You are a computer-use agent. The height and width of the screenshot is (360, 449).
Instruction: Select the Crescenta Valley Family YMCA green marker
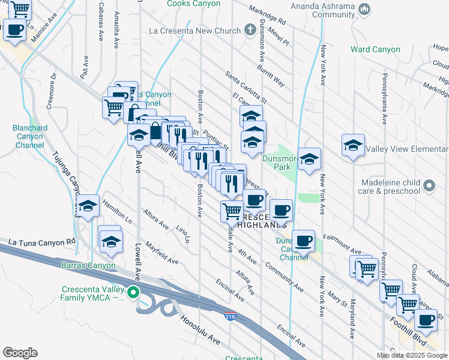134,293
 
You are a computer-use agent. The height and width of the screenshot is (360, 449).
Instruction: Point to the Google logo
20,353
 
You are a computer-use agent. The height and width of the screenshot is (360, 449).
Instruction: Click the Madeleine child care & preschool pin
429,186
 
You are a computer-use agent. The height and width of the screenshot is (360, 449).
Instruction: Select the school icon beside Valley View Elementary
354,145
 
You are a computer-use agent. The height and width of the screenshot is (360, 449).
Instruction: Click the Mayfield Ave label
161,253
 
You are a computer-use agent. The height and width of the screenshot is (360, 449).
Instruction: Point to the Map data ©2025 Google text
412,355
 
